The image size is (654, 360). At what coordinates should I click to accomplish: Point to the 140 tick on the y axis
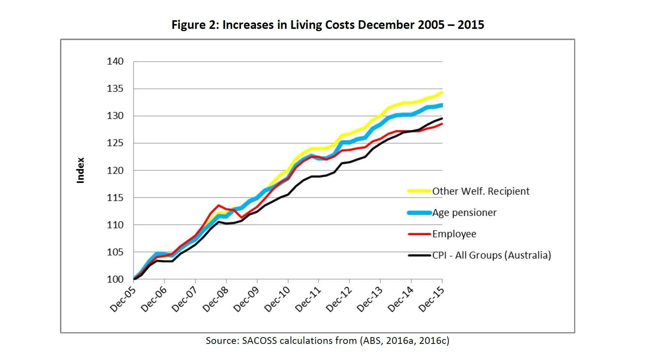tap(115, 61)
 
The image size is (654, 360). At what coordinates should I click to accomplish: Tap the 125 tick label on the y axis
tap(115, 143)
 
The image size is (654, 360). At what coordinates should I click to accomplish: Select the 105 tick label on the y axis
tap(115, 252)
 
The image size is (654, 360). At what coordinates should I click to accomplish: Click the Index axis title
tap(80, 170)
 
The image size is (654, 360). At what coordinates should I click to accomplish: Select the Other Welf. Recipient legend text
tap(481, 191)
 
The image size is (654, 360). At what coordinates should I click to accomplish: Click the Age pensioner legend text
tap(464, 213)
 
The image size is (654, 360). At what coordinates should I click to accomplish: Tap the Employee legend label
tap(454, 234)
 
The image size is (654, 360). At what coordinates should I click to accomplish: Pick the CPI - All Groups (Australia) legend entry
tap(492, 255)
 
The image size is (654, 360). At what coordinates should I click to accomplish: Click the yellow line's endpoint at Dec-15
tap(442, 92)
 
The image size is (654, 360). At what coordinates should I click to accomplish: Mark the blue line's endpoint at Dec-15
tap(442, 105)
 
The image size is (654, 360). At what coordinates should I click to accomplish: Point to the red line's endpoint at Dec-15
tap(442, 124)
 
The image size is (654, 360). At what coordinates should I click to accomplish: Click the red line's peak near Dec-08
tap(218, 205)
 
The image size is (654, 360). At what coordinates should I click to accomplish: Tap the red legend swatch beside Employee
tap(419, 234)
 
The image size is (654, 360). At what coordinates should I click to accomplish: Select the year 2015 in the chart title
tap(471, 25)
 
